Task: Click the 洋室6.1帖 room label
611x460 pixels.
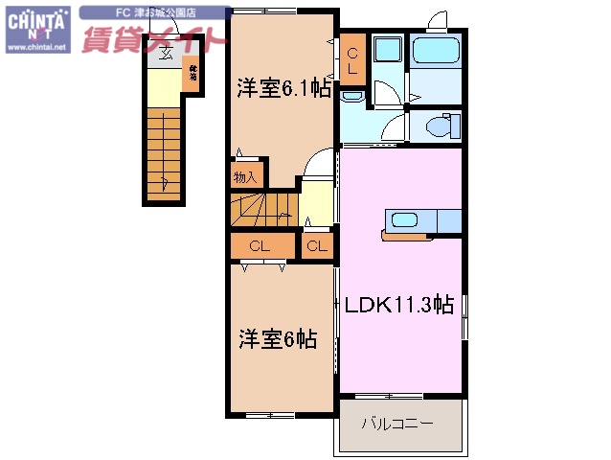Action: pos(284,87)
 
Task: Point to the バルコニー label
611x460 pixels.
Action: pos(397,423)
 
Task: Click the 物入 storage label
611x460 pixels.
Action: pos(245,176)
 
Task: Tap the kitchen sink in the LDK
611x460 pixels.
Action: pos(404,219)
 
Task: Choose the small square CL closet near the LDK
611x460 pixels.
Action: pos(317,246)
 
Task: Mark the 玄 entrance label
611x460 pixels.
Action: pos(166,54)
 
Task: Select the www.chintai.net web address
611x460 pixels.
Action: pos(36,45)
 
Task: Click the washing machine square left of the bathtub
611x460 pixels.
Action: pos(388,52)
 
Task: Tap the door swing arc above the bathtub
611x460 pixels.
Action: pos(436,22)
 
